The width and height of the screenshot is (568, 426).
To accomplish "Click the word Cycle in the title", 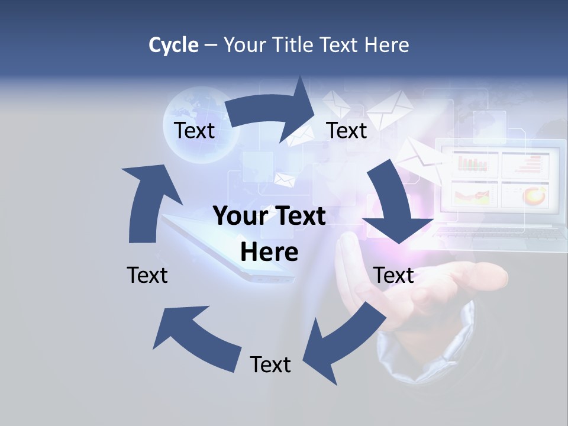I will click(173, 45).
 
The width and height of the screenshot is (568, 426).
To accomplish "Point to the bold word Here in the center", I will click(269, 253).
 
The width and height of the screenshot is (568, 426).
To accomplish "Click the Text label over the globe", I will click(194, 130).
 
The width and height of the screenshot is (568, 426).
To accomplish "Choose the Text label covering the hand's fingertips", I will click(393, 275).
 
